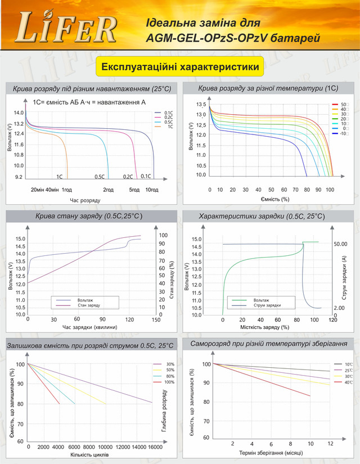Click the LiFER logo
click(x=67, y=30)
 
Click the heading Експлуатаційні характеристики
click(x=180, y=67)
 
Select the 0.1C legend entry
click(x=168, y=112)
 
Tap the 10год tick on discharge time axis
click(x=152, y=190)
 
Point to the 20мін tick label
click(x=37, y=190)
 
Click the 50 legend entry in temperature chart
click(x=343, y=105)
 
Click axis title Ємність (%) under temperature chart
click(x=274, y=199)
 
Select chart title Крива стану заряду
click(x=89, y=216)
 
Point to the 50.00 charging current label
click(x=340, y=244)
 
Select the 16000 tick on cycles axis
click(x=154, y=447)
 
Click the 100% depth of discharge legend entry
click(x=169, y=382)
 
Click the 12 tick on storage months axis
click(x=330, y=444)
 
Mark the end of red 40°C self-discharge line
click(x=310, y=396)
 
